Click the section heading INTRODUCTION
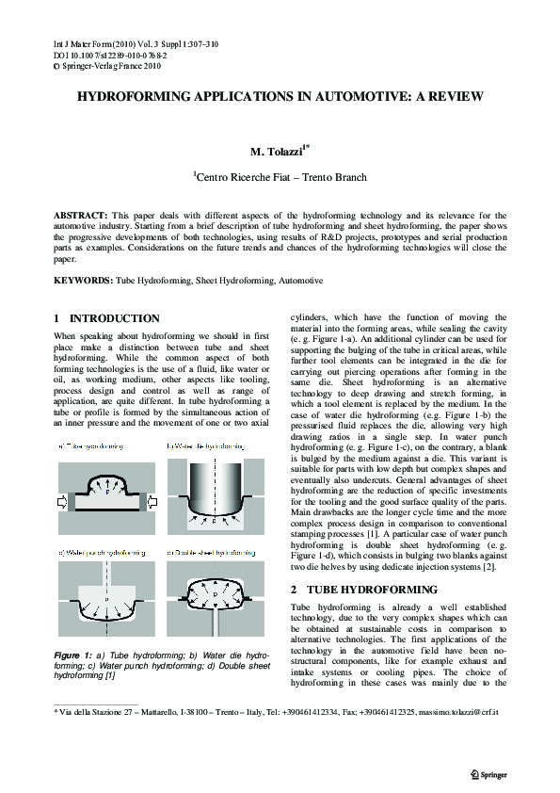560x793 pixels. point(114,318)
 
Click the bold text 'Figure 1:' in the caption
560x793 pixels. point(73,655)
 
